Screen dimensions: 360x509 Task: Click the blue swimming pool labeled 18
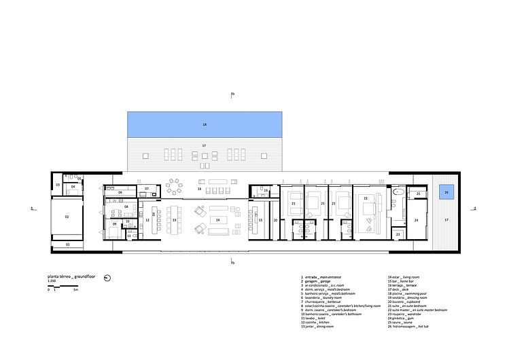(x=204, y=125)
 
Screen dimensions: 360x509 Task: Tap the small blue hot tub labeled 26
(x=446, y=192)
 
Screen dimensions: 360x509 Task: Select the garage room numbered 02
(x=67, y=216)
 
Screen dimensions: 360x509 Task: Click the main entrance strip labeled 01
(x=67, y=244)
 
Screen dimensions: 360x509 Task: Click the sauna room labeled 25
(x=418, y=194)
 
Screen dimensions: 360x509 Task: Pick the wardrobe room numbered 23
(x=398, y=234)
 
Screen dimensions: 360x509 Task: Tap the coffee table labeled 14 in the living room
(x=217, y=220)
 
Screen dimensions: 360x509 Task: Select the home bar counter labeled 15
(x=260, y=220)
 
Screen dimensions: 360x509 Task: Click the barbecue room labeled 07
(x=147, y=188)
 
